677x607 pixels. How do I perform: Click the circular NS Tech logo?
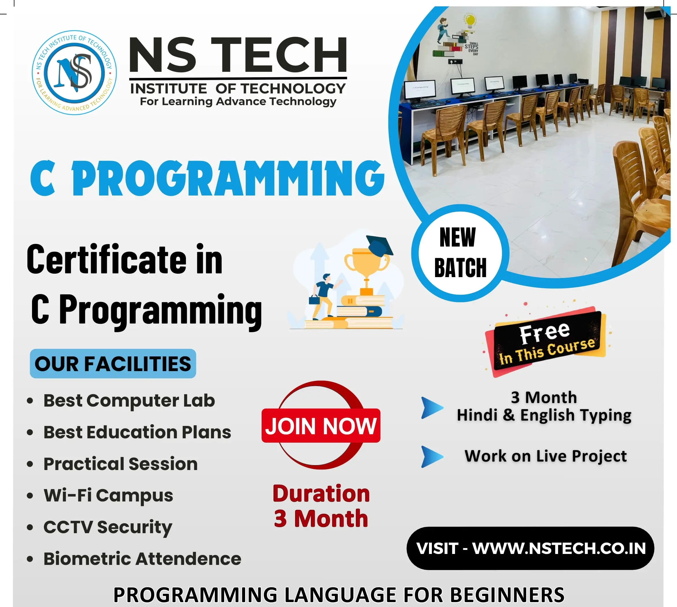click(74, 72)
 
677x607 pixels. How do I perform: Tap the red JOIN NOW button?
click(321, 426)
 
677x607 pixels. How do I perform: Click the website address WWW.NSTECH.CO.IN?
click(559, 549)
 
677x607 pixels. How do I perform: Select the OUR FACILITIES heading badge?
click(113, 364)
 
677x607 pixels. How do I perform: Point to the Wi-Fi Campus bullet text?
click(108, 496)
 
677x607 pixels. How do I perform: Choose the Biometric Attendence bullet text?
click(142, 559)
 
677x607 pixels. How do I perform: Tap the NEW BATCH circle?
click(460, 253)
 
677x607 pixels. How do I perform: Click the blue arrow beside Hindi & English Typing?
click(432, 407)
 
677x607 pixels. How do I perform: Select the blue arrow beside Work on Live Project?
click(432, 456)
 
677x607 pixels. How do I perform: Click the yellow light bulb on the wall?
click(470, 21)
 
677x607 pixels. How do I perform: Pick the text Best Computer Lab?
click(129, 401)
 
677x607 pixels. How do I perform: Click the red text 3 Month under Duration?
click(321, 519)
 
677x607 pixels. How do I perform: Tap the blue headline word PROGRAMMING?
click(228, 178)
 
